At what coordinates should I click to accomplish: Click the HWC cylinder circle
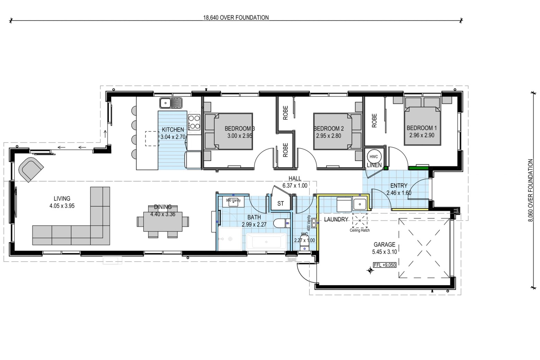tap(373, 157)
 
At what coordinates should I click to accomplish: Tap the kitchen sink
tap(171, 103)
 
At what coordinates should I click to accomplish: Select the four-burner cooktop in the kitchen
tap(194, 122)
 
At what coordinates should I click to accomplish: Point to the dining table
tap(163, 222)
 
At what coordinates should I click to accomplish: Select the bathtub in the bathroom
tap(266, 241)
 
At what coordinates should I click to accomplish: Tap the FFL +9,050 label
tap(385, 265)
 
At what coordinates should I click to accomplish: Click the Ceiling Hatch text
tap(360, 230)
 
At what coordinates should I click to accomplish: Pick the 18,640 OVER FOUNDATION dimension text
tap(236, 18)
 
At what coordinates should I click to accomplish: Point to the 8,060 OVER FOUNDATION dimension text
tap(530, 190)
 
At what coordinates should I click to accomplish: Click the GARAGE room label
tap(384, 244)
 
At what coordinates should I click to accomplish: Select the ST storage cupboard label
tap(280, 204)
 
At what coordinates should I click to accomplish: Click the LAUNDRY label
tap(336, 219)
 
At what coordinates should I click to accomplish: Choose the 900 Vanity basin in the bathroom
tap(233, 202)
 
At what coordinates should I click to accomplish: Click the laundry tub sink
tap(360, 204)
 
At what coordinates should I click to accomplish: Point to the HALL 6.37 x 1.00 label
tap(295, 182)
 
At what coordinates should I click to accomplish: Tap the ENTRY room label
tap(399, 186)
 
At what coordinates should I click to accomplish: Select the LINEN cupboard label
tap(374, 165)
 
